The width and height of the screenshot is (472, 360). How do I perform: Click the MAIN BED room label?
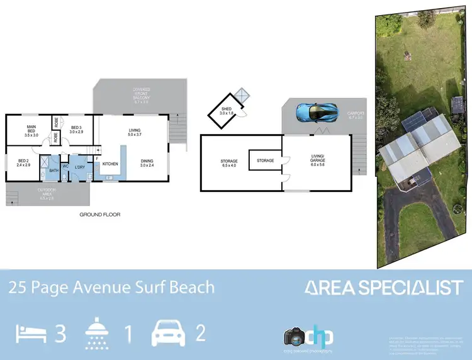(31, 129)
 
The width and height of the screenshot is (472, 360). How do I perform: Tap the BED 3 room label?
(77, 129)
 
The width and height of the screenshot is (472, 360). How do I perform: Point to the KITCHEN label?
(110, 164)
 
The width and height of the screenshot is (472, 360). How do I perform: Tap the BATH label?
(54, 170)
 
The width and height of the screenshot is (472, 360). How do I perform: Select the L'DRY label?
(80, 166)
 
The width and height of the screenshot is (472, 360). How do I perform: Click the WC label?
(65, 166)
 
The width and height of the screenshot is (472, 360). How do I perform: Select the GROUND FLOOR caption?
(99, 215)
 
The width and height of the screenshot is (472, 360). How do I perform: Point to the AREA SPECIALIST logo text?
(384, 288)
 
